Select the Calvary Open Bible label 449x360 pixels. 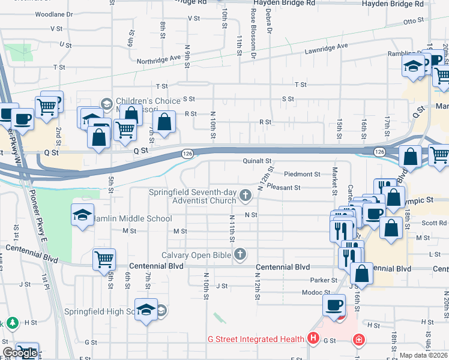click(196, 255)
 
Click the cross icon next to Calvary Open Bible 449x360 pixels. click(240, 255)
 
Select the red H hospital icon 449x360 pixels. click(313, 339)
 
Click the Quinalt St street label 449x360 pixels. click(258, 161)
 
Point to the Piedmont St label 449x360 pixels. click(302, 174)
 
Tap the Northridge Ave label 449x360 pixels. click(158, 59)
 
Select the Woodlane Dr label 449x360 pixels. click(53, 14)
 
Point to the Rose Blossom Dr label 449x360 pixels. click(254, 34)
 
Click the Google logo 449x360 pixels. click(20, 353)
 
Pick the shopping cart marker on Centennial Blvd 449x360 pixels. click(104, 260)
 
